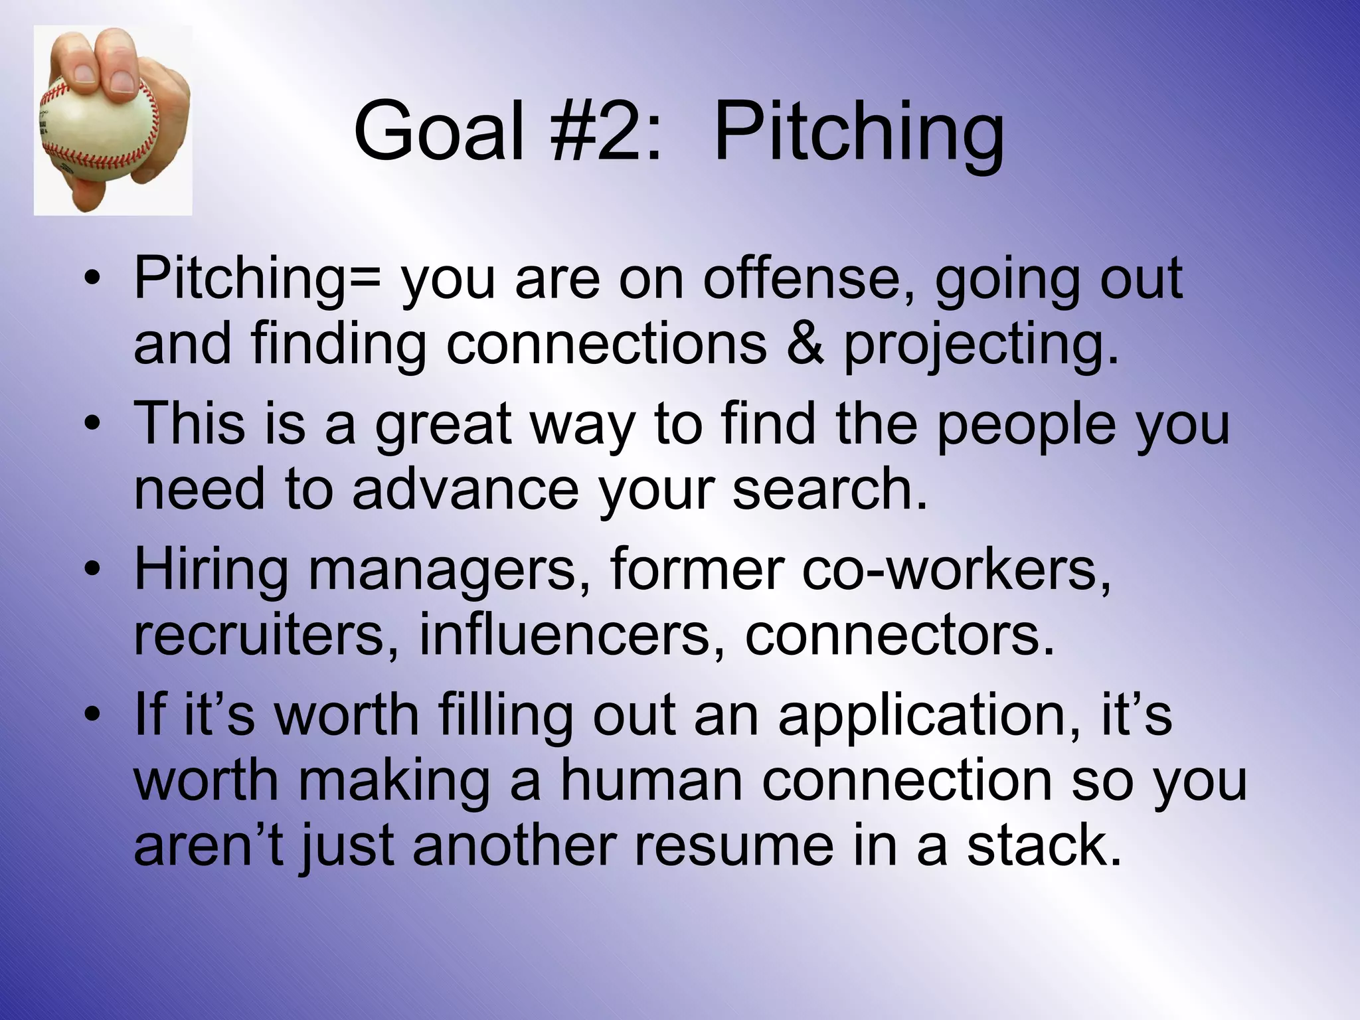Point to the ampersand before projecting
(805, 344)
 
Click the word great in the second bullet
(443, 426)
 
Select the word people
(1026, 426)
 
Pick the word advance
(466, 489)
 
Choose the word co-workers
(956, 569)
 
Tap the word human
(651, 780)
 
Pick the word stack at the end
(1043, 845)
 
